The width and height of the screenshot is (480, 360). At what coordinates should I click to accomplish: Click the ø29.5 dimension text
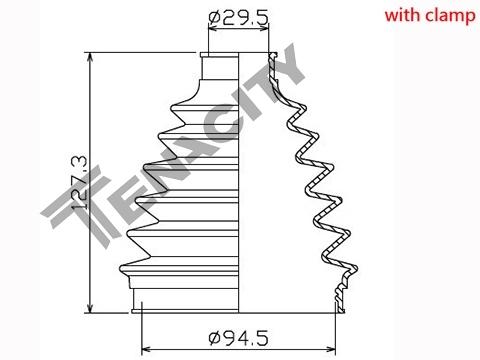click(238, 18)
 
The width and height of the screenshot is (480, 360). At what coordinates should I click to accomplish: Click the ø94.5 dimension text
click(238, 338)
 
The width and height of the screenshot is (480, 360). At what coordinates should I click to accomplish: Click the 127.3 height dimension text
click(80, 182)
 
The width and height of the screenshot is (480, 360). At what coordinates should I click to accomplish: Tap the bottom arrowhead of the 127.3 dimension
click(90, 307)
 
